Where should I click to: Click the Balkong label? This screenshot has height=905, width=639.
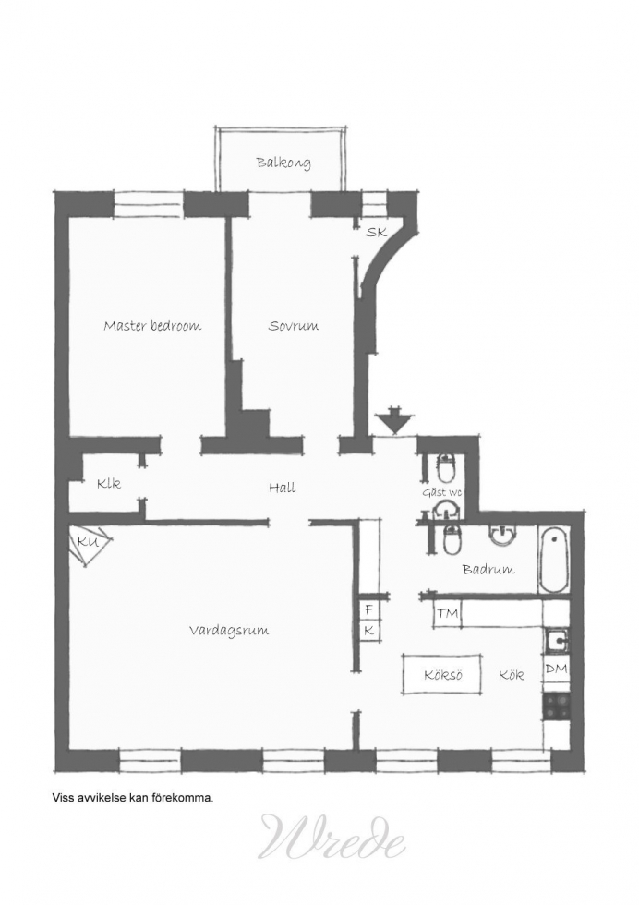point(283,163)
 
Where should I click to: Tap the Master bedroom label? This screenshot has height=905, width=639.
point(152,325)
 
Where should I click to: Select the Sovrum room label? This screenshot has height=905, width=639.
point(294,325)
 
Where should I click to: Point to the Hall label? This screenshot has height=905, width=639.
point(283,488)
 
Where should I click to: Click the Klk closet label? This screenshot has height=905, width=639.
point(109,483)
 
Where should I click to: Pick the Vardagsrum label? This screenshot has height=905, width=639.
point(229,630)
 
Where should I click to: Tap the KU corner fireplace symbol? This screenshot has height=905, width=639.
point(90,544)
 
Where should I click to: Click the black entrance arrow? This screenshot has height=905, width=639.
point(393,420)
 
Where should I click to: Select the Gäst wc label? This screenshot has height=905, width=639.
point(442,492)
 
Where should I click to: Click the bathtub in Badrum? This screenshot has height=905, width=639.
point(554,559)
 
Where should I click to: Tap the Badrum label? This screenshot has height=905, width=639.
point(488,570)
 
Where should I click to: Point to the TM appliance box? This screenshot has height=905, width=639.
point(447,614)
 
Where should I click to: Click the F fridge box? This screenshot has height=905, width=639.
point(369,609)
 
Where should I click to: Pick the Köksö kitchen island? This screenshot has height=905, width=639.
point(442,675)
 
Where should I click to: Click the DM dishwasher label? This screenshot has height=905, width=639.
point(556,669)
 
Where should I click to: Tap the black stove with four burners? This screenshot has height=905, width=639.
point(557,706)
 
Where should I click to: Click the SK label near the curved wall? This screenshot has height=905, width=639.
point(377,233)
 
